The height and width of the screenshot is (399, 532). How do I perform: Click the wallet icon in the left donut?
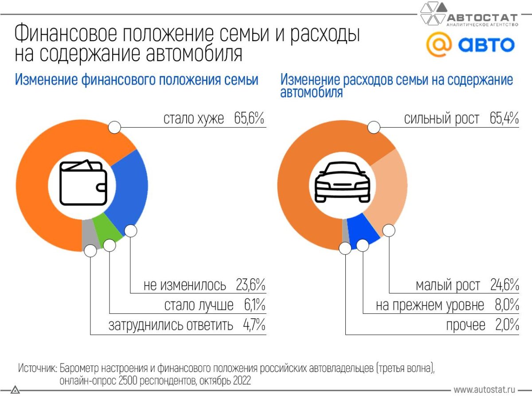(x=83, y=183)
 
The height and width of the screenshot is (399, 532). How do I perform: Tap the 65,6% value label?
(x=250, y=118)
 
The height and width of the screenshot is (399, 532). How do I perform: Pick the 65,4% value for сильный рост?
(x=504, y=118)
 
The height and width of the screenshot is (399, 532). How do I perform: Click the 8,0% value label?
(x=507, y=305)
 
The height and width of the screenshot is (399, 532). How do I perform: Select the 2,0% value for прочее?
(x=507, y=325)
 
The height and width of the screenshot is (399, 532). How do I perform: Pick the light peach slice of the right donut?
(x=389, y=191)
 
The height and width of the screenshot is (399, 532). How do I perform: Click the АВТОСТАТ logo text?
(x=482, y=18)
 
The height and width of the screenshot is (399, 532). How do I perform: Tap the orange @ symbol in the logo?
(x=439, y=45)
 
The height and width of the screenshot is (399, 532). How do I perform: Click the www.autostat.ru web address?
(x=484, y=390)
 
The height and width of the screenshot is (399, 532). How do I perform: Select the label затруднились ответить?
(x=171, y=325)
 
